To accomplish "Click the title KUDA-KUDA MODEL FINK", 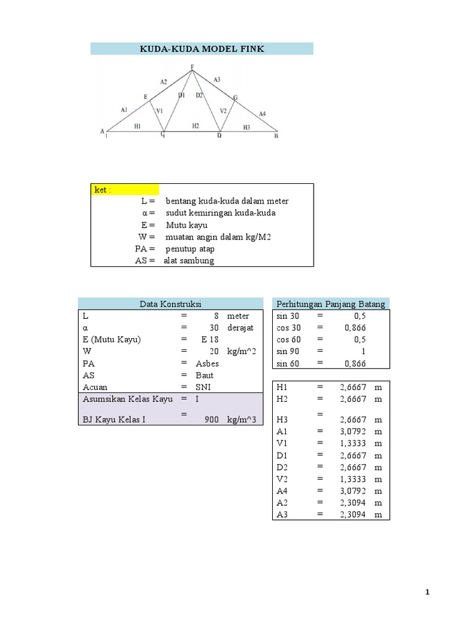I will click(x=202, y=49).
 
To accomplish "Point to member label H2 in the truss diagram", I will click(x=195, y=126).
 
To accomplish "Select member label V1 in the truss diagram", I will click(x=159, y=111).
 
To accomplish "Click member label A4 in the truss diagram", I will click(x=262, y=114).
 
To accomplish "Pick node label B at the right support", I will click(x=276, y=136).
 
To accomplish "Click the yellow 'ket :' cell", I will click(x=125, y=189).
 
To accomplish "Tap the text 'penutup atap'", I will click(x=190, y=249).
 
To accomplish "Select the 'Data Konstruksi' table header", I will click(x=171, y=303).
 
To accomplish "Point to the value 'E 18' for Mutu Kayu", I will click(x=210, y=339).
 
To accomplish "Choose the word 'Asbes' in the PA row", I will click(x=207, y=363).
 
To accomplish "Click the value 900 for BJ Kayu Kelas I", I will click(x=212, y=419).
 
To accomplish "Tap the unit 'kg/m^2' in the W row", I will click(x=241, y=351).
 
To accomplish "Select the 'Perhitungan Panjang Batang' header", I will click(x=331, y=303).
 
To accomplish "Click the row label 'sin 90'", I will click(x=288, y=351).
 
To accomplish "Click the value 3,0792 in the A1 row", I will click(x=353, y=431).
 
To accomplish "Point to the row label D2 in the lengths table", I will click(x=283, y=467).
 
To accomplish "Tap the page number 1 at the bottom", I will click(x=427, y=593).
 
